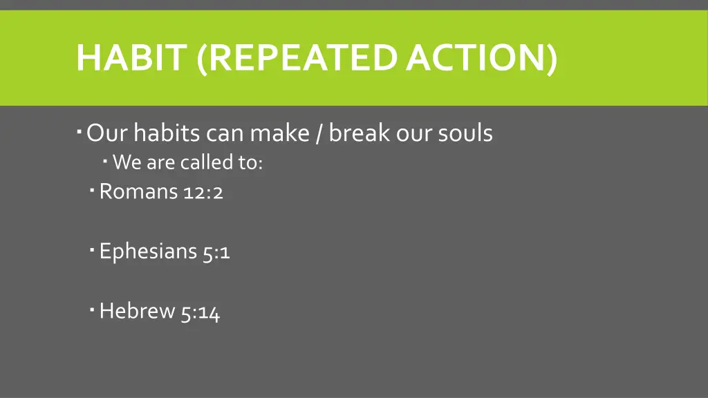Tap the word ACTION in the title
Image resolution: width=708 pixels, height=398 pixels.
[x=481, y=58]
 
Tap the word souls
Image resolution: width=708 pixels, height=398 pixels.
[x=465, y=132]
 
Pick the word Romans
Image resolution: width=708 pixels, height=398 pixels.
[x=138, y=191]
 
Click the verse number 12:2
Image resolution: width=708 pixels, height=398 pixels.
[x=203, y=192]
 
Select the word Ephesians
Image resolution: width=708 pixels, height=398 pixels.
[x=149, y=252]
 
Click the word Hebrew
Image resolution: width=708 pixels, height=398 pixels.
[x=137, y=312]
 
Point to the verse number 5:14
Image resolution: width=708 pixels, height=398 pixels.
[x=201, y=312]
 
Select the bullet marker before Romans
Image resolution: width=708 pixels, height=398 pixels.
[x=93, y=188]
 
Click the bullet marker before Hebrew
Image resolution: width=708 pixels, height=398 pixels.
[x=93, y=308]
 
